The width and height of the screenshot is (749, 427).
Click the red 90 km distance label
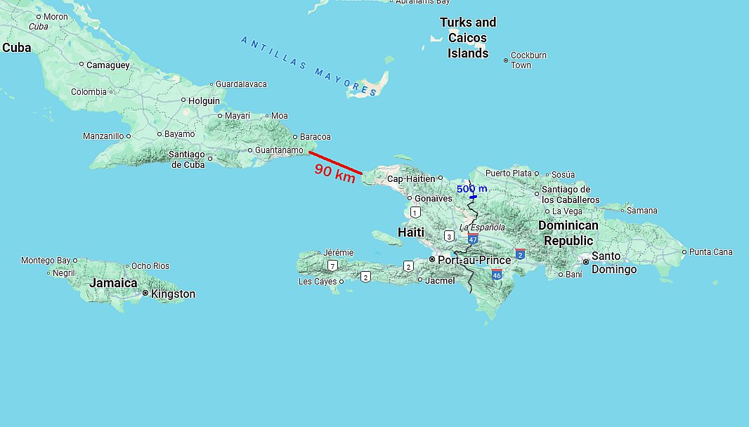point(335,173)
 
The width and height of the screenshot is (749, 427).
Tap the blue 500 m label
point(471,189)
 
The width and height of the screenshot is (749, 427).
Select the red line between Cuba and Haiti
point(336,162)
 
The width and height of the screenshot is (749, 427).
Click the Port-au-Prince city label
point(464,260)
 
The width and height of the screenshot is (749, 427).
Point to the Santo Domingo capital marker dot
point(585,261)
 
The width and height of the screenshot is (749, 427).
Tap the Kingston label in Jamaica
point(173,294)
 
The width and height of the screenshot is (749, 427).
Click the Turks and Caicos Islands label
point(468,38)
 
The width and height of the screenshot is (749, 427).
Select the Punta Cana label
point(710,251)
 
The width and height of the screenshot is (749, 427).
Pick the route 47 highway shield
point(473,239)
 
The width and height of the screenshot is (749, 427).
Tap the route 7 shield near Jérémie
point(332,266)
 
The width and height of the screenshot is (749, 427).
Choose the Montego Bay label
point(46,261)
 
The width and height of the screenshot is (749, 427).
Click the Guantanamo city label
point(279,150)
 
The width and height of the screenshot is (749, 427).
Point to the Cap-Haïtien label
point(411,178)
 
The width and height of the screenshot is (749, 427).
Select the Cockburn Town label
point(528,60)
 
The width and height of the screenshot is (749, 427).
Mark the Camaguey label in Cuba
point(108,65)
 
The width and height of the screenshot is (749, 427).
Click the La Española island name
point(482,227)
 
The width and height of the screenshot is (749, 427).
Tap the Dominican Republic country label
point(568,233)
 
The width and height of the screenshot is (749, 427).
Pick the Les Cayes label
point(318,282)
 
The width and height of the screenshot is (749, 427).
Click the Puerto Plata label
point(508,173)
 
